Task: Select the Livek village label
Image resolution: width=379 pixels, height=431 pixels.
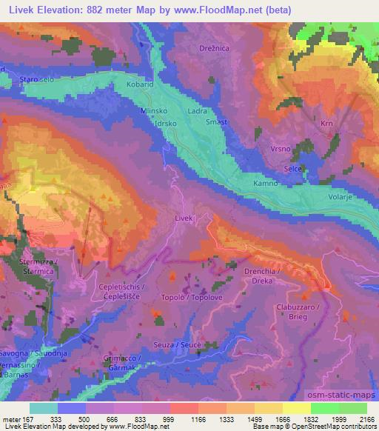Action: tap(184, 219)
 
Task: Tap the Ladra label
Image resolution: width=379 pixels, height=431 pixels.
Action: tap(198, 111)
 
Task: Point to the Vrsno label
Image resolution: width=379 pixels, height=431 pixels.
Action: tap(281, 149)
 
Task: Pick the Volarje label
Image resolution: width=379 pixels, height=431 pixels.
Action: tap(343, 198)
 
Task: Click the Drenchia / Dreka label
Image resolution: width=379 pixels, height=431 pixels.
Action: tap(261, 276)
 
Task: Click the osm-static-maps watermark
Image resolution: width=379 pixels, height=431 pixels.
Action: tap(347, 393)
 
